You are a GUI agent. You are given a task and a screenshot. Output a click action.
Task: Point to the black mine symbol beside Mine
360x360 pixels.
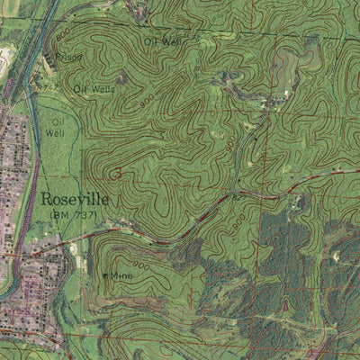tap(104, 275)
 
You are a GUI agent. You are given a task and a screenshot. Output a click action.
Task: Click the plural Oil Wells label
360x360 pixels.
tap(94, 89)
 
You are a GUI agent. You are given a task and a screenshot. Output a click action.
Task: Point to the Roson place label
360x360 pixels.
tap(68, 58)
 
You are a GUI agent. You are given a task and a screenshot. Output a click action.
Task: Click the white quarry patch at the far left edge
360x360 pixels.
tap(5, 59)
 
